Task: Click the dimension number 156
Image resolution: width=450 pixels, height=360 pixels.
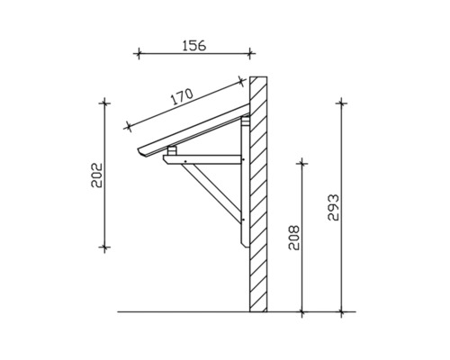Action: (190, 42)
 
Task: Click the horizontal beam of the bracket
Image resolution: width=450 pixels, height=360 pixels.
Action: (202, 160)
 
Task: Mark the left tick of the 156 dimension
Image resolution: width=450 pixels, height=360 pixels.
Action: (137, 53)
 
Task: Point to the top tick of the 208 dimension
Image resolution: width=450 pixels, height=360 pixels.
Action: (302, 163)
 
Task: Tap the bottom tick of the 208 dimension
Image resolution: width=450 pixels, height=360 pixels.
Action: (302, 312)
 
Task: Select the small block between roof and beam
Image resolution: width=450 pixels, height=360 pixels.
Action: (172, 150)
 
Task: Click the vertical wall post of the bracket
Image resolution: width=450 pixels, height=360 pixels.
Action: (245, 189)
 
